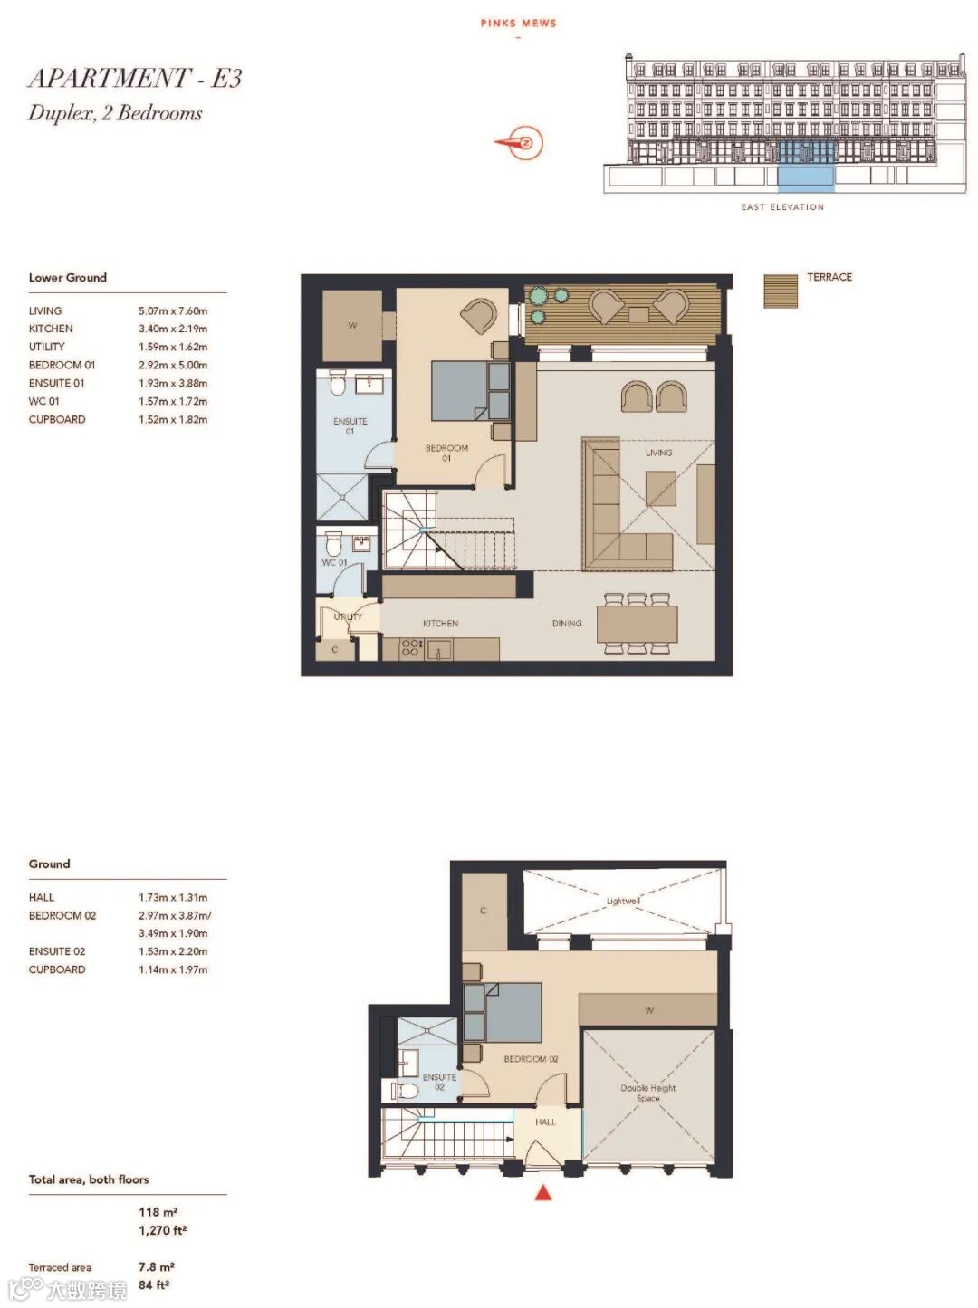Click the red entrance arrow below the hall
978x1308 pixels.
542,1192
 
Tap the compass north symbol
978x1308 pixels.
520,143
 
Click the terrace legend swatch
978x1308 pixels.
780,291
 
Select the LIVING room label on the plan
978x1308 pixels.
658,453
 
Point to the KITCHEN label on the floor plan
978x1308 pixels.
440,624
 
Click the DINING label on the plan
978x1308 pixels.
567,624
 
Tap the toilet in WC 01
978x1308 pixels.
333,543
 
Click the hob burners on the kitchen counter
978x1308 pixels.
412,648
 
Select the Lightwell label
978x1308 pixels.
623,901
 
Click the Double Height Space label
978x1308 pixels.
647,1093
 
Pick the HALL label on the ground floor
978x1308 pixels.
545,1122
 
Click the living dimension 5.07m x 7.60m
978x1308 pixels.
173,311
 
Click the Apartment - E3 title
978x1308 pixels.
135,78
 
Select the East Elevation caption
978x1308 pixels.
782,207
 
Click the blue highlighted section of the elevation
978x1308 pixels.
806,167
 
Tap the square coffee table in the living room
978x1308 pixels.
660,488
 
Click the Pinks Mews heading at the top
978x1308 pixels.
519,24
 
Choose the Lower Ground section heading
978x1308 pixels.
67,278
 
